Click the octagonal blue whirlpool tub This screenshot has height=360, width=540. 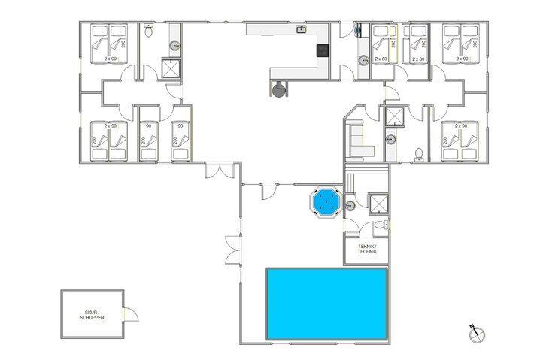point(326,201)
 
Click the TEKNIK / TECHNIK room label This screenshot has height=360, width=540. point(366,250)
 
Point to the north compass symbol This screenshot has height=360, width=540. point(475,333)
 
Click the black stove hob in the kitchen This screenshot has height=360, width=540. point(322,51)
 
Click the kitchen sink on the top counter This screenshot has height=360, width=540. point(301,30)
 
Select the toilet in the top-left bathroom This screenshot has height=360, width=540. point(149,32)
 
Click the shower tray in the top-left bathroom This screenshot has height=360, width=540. point(172,68)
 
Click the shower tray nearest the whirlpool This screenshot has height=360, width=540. point(377,203)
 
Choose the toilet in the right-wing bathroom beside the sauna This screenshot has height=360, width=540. point(419,154)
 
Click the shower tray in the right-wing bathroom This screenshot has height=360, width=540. point(393,116)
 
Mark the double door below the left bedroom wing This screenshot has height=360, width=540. point(219,170)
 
